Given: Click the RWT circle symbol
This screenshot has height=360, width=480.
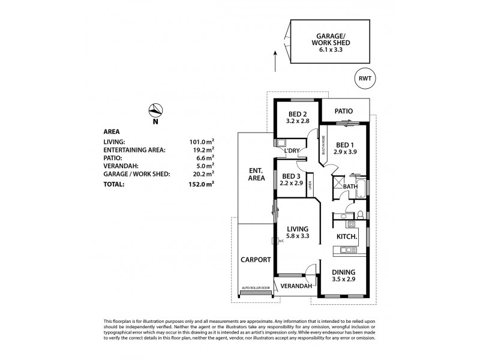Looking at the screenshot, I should (x=364, y=77).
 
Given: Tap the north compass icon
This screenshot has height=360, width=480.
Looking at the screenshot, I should (x=155, y=110).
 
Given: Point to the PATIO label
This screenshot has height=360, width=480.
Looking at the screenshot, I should (x=343, y=111).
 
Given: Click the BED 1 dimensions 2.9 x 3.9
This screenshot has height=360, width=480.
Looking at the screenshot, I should (x=345, y=153).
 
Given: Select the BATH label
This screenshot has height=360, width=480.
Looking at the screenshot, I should (x=350, y=187).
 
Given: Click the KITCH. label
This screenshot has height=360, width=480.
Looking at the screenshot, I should (x=347, y=238).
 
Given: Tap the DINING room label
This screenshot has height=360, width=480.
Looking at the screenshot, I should (x=344, y=272).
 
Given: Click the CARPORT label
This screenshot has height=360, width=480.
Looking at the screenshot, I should (x=256, y=260).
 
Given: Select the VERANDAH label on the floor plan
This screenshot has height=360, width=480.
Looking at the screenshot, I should (x=296, y=286).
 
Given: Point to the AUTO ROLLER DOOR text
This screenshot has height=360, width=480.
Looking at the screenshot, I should (x=256, y=288).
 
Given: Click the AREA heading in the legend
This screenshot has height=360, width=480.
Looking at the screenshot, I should (x=112, y=131).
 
